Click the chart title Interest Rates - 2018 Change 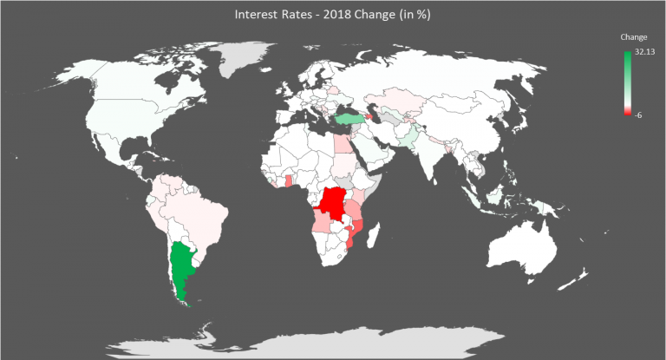click(332, 15)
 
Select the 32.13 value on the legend click(644, 52)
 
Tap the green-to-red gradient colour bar click(627, 82)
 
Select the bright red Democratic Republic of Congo click(332, 205)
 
